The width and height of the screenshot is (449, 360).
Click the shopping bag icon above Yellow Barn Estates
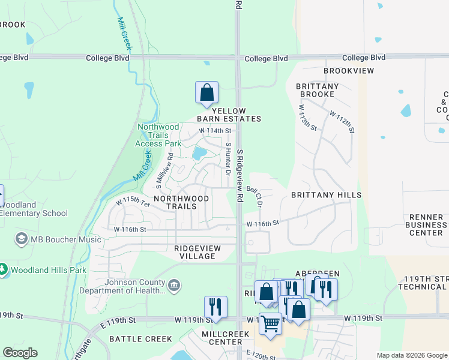(206, 94)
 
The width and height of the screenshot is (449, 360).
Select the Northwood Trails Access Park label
(158, 135)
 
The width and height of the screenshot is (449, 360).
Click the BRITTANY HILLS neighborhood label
(326, 195)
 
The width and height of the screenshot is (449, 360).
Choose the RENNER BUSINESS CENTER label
(426, 224)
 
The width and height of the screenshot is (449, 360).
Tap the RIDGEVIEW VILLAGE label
(197, 252)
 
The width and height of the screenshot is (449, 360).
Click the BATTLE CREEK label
(140, 339)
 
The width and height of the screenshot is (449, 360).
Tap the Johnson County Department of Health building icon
(174, 284)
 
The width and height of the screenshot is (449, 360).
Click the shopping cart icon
(270, 323)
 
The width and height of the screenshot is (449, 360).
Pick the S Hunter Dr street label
(228, 159)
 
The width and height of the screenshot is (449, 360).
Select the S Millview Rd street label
(163, 169)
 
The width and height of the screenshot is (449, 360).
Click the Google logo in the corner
(20, 353)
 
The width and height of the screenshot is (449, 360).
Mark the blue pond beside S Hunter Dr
(197, 154)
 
